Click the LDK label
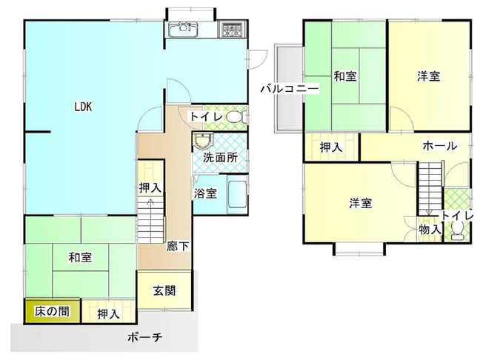pyautogui.click(x=82, y=106)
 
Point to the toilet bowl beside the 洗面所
pyautogui.click(x=234, y=117)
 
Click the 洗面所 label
pyautogui.click(x=221, y=157)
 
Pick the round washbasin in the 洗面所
pyautogui.click(x=203, y=142)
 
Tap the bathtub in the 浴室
pyautogui.click(x=236, y=196)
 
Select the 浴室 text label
pyautogui.click(x=205, y=193)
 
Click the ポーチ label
pyautogui.click(x=144, y=338)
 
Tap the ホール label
pyautogui.click(x=439, y=146)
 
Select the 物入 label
pyautogui.click(x=430, y=230)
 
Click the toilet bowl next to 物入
pyautogui.click(x=457, y=231)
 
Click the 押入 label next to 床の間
pyautogui.click(x=108, y=313)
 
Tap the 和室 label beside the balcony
pyautogui.click(x=345, y=76)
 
